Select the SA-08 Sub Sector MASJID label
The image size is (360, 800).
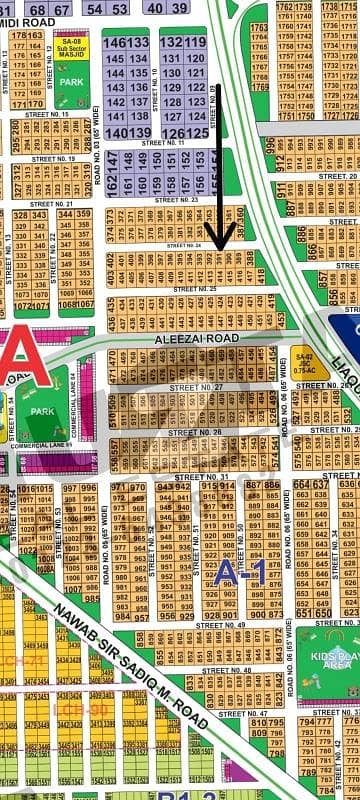tap(72, 49)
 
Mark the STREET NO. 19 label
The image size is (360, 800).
tap(53, 158)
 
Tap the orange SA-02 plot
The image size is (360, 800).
tap(303, 362)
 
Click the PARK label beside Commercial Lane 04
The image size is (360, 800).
tap(42, 410)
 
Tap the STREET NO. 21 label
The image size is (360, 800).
tap(52, 203)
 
